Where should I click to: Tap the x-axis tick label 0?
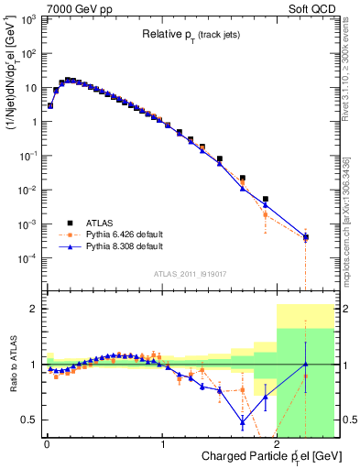[47, 443]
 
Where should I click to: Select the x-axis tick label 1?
[162, 443]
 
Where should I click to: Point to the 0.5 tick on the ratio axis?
[30, 420]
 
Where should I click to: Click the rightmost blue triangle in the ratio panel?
[306, 365]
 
